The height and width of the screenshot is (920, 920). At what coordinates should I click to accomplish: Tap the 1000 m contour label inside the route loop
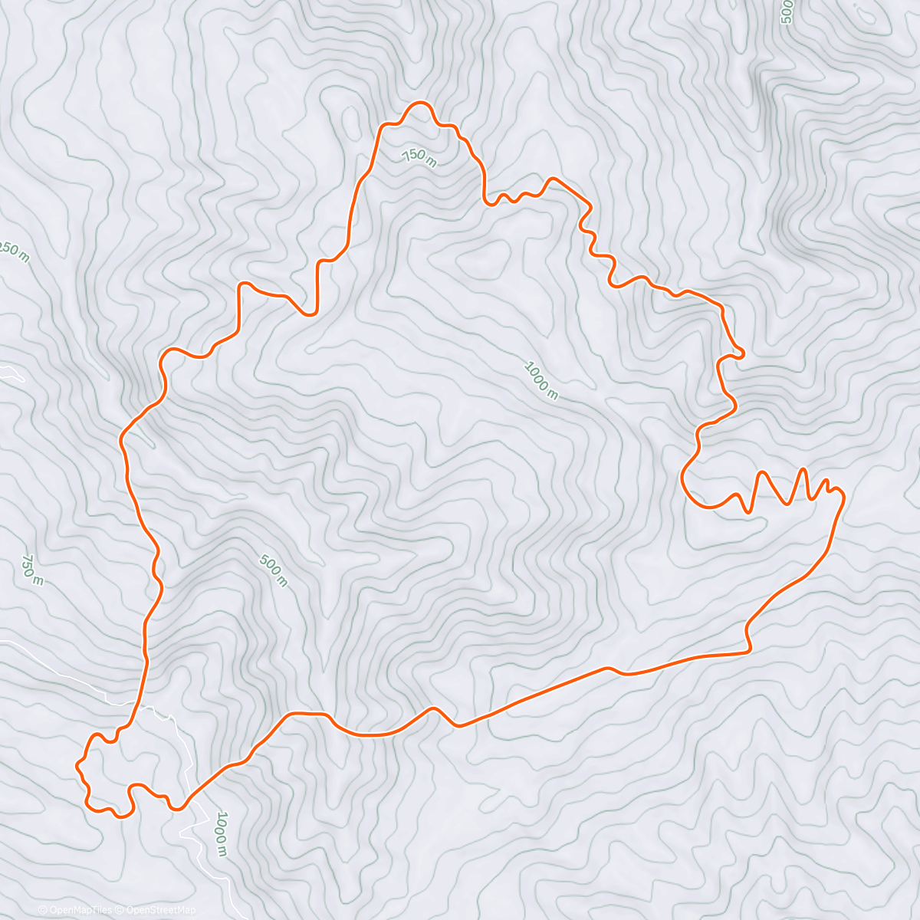tap(540, 380)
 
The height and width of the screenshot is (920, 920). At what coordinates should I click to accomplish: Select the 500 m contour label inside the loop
tap(273, 570)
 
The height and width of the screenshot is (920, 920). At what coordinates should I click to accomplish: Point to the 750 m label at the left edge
tap(32, 570)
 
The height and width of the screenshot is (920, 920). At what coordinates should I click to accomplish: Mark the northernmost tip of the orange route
tap(419, 102)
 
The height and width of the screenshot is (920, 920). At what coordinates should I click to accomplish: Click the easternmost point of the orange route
tap(844, 498)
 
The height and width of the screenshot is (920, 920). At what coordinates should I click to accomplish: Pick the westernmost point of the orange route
tap(76, 765)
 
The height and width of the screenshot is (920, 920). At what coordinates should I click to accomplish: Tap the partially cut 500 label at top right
tap(785, 12)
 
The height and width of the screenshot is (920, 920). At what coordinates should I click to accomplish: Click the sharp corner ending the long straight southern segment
tap(748, 651)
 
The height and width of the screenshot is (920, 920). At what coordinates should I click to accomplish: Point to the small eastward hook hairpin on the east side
tap(741, 353)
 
